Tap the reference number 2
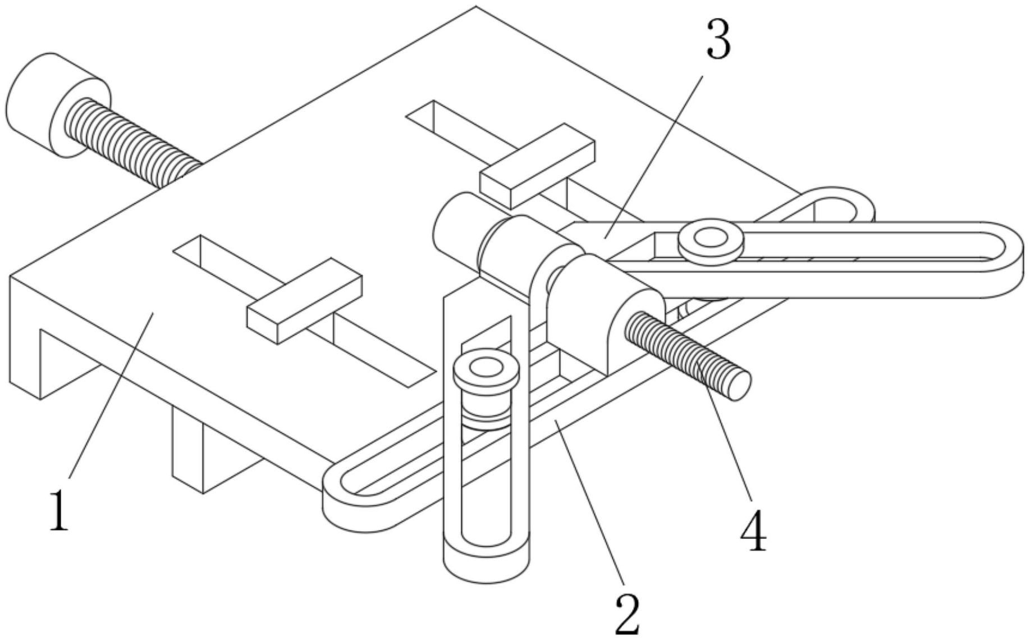(628, 614)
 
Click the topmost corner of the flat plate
(476, 8)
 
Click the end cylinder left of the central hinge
(455, 225)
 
